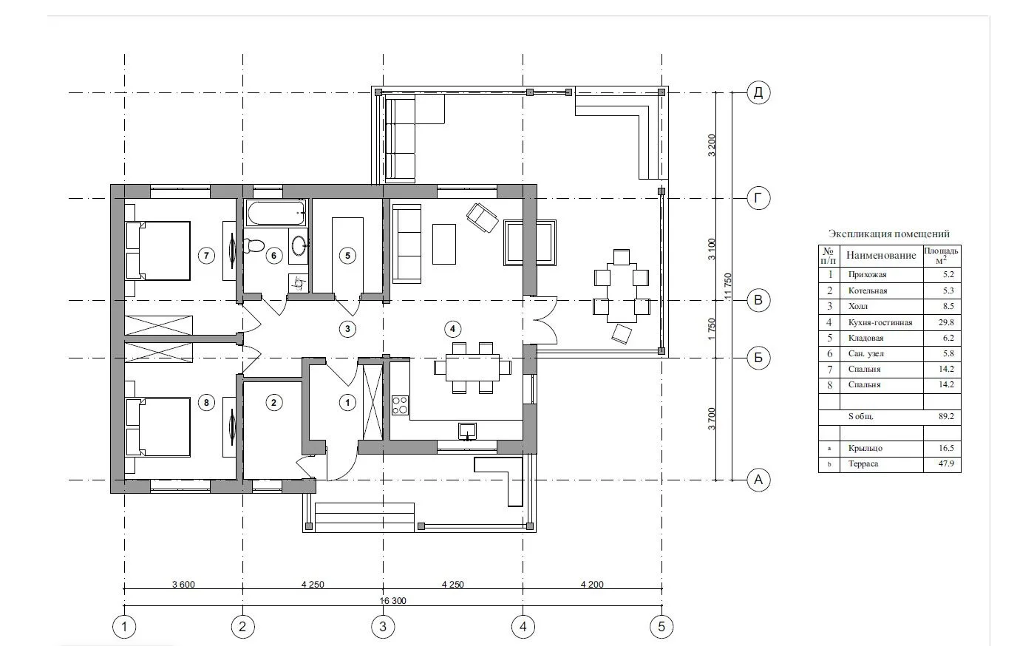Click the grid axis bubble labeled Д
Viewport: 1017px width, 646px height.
pyautogui.click(x=758, y=92)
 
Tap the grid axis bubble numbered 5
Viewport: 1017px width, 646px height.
pyautogui.click(x=661, y=627)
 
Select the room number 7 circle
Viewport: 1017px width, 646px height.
pyautogui.click(x=207, y=256)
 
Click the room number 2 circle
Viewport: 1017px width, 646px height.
pyautogui.click(x=273, y=402)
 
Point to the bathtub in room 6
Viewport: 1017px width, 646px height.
pyautogui.click(x=276, y=214)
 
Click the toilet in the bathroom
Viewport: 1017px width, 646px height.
pyautogui.click(x=254, y=246)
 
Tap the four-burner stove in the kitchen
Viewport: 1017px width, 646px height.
pyautogui.click(x=400, y=405)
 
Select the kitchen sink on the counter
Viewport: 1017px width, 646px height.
pyautogui.click(x=467, y=430)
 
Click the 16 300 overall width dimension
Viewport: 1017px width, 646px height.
pyautogui.click(x=393, y=601)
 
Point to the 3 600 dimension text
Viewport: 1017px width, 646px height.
pyautogui.click(x=183, y=584)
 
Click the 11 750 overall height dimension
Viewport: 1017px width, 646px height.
pyautogui.click(x=728, y=286)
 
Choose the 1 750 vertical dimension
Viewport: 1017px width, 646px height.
pyautogui.click(x=712, y=329)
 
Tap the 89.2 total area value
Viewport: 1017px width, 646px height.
pyautogui.click(x=946, y=416)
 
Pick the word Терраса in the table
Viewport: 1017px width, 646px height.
pyautogui.click(x=863, y=463)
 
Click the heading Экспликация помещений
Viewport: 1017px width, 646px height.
pyautogui.click(x=889, y=234)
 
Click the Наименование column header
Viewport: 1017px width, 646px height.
pyautogui.click(x=881, y=255)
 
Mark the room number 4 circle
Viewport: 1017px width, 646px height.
pyautogui.click(x=452, y=329)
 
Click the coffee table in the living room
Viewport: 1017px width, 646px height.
pyautogui.click(x=444, y=244)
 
